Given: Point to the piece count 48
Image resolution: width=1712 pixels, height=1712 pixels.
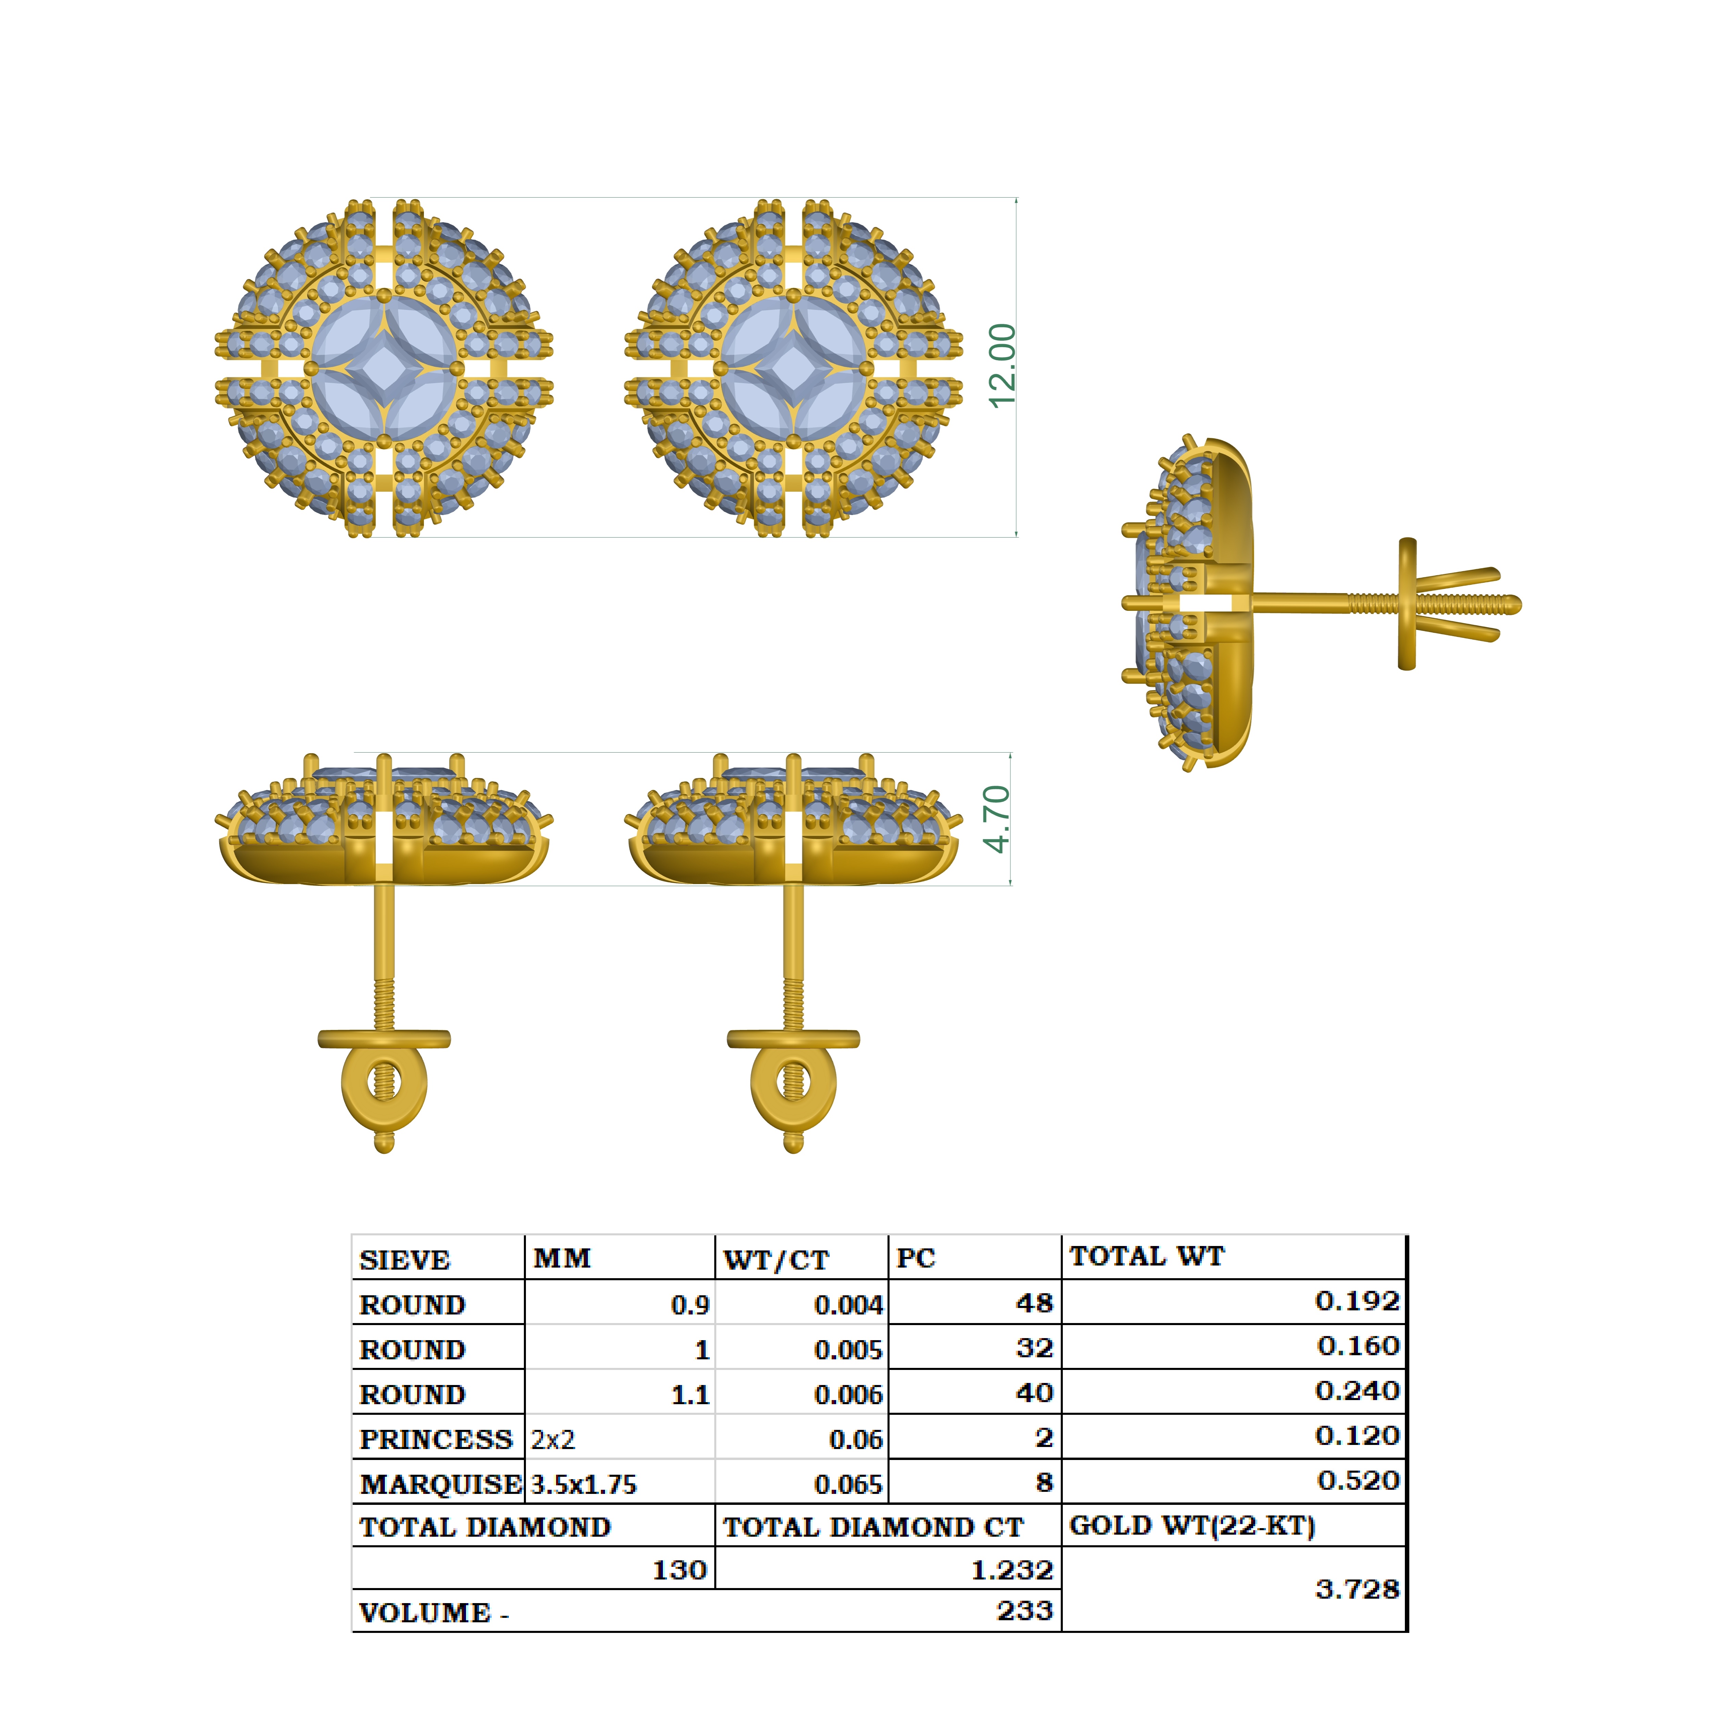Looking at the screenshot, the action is tap(1034, 1302).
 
